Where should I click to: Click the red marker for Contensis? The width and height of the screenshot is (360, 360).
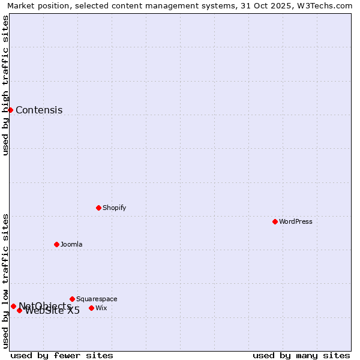pos(10,110)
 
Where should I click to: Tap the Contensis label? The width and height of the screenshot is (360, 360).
pos(39,110)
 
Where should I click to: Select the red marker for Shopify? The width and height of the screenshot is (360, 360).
pos(98,208)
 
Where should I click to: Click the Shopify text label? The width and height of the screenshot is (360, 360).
pos(114,208)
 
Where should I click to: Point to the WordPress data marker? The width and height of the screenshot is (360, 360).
pos(275,221)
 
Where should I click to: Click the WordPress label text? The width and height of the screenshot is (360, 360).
pos(295,221)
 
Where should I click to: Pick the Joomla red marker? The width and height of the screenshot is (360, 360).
pos(56,244)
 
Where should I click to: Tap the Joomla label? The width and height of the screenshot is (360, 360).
pos(71,244)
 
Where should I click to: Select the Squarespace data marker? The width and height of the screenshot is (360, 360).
pos(72,299)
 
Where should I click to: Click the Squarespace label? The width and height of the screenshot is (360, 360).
pos(97,299)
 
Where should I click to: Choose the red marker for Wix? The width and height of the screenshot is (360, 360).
pos(91,308)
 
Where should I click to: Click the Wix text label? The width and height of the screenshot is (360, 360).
pos(101,308)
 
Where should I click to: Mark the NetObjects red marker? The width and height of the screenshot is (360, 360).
pos(13,306)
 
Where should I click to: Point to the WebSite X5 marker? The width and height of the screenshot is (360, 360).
pos(19,310)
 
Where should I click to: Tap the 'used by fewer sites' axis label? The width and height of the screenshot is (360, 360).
pos(62,355)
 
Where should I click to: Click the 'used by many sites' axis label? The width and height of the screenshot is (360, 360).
pos(301,355)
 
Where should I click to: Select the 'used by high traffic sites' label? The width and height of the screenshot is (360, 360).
pos(5,85)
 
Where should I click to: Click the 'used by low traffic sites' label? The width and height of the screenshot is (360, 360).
pos(5,281)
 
